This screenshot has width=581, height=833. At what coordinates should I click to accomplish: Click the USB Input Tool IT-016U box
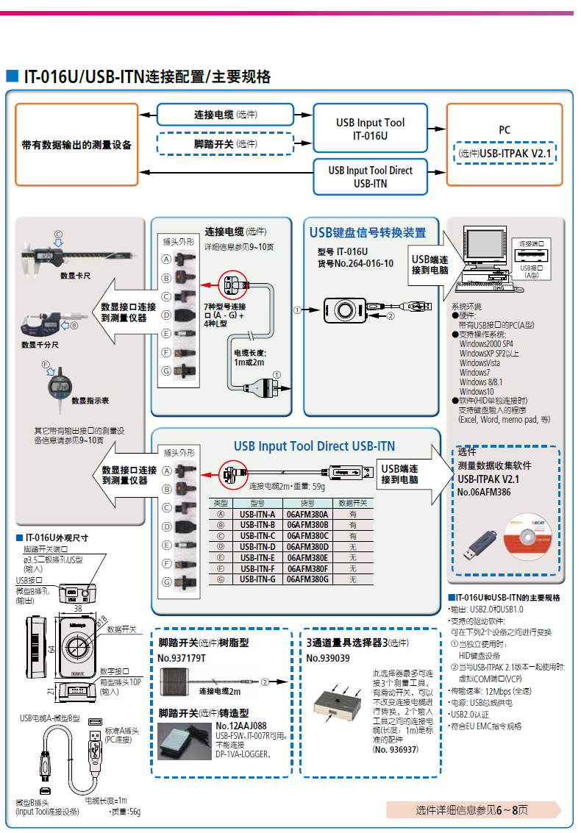click(370, 129)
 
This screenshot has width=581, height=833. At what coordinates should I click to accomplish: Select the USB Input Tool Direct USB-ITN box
click(370, 176)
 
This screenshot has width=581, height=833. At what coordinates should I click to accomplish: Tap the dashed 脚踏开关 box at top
click(225, 144)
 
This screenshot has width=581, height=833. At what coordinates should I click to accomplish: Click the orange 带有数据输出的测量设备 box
click(76, 144)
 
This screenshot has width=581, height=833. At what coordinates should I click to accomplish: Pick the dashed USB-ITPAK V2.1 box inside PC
click(505, 154)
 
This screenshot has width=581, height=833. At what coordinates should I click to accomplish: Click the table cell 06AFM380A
click(307, 515)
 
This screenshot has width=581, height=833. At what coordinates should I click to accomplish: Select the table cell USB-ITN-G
click(257, 579)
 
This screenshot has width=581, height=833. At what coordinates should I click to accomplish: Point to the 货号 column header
click(307, 504)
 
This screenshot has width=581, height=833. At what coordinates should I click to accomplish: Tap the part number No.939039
click(328, 658)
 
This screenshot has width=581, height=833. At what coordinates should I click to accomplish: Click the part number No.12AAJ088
click(241, 726)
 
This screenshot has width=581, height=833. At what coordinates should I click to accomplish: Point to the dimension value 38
click(77, 609)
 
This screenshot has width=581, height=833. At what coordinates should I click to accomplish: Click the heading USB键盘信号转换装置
click(368, 233)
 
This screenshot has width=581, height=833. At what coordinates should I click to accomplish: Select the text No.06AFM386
click(484, 492)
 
